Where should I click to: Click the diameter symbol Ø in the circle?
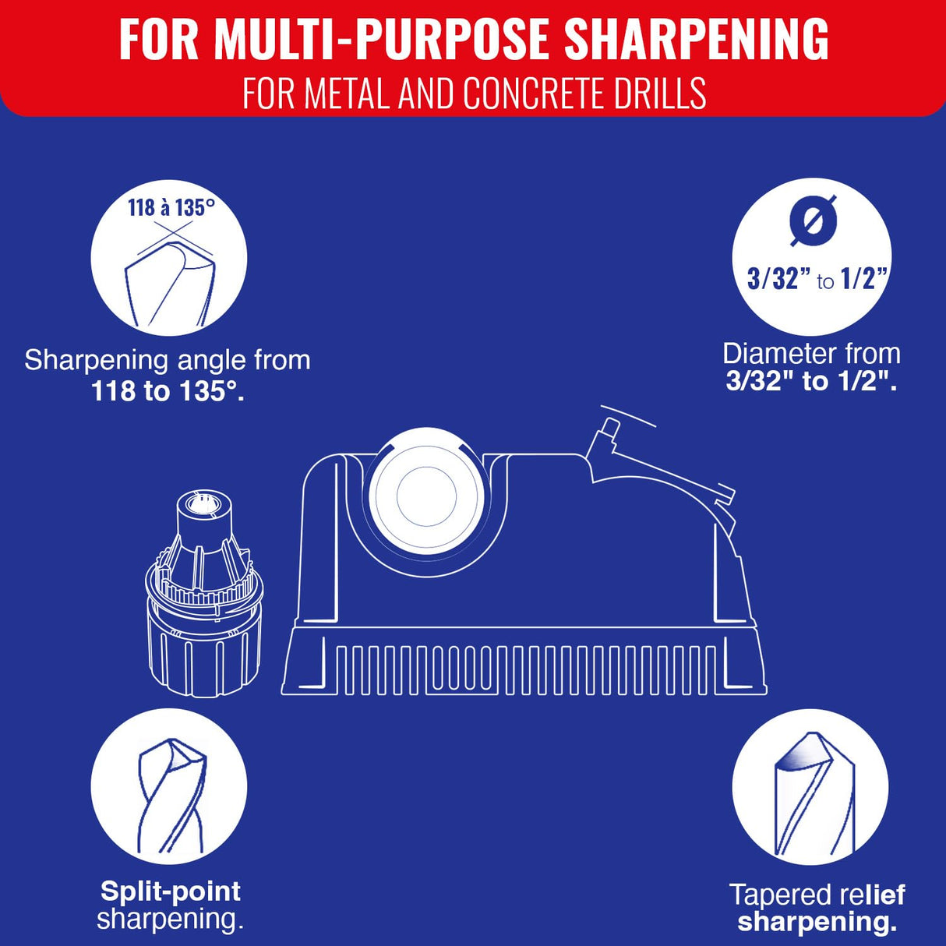point(813,220)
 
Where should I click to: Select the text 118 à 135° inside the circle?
point(171,207)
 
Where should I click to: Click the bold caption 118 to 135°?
point(168,391)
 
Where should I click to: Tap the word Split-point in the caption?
point(171,891)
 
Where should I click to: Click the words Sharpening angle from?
point(168,361)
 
